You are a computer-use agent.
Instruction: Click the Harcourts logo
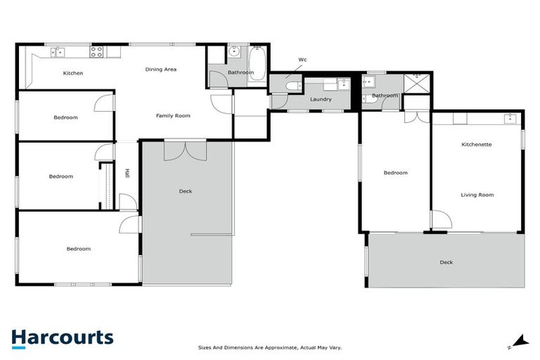(62, 337)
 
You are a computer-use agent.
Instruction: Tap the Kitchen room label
(73, 73)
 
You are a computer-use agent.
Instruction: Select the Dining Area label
(160, 69)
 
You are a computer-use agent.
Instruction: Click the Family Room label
(173, 115)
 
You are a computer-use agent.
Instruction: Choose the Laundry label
(321, 99)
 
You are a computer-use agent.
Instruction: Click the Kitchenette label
(476, 144)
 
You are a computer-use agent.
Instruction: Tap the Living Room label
(477, 195)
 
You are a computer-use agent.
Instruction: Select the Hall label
(127, 174)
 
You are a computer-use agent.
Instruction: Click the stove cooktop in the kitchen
(96, 51)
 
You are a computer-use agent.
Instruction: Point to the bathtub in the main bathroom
(257, 64)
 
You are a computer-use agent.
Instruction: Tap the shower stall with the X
(421, 83)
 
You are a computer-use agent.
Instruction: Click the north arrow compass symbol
(520, 341)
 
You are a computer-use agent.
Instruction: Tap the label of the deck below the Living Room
(446, 262)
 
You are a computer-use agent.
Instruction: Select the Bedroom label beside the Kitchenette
(395, 172)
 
